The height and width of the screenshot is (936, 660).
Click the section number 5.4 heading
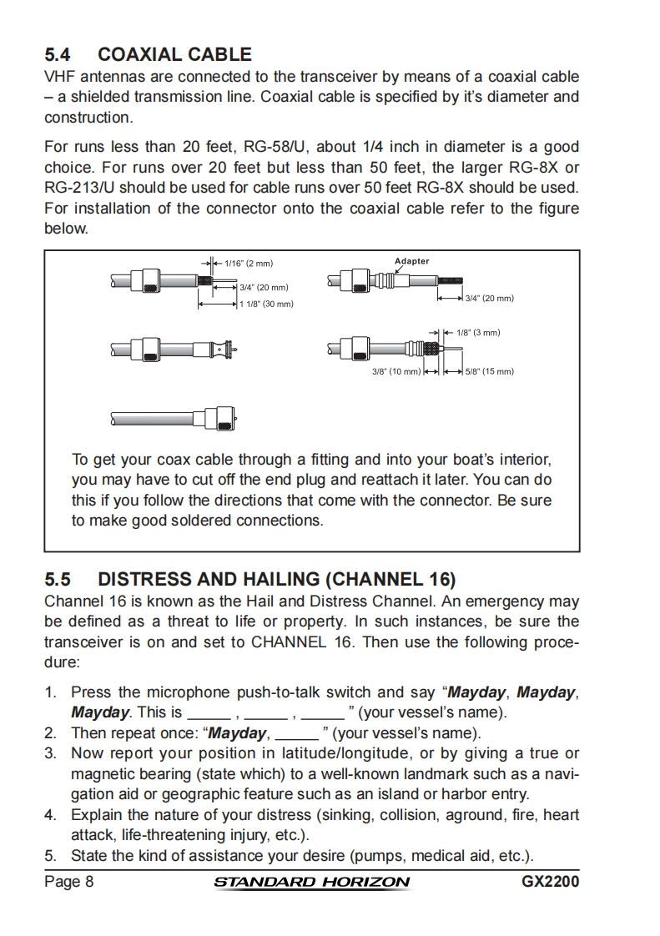coord(57,55)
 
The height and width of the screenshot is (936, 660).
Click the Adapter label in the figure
coord(411,261)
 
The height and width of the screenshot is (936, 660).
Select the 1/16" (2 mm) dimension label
coord(249,264)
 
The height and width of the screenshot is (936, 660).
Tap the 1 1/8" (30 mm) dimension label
coord(266,304)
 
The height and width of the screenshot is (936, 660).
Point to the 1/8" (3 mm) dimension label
coord(478,333)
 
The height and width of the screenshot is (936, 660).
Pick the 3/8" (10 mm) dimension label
coord(396,371)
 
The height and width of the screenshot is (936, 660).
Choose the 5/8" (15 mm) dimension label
coord(489,371)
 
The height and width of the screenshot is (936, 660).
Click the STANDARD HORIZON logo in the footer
coord(312,883)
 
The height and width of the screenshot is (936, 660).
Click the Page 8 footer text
coord(68,882)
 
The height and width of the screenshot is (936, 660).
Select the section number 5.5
coord(57,579)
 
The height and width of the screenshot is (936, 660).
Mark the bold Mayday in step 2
coord(238,733)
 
